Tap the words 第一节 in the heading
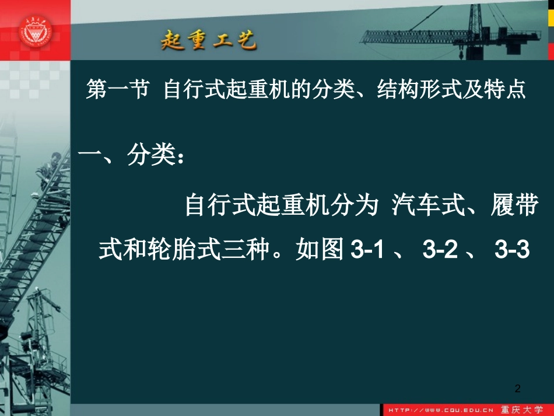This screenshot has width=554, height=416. click(x=117, y=91)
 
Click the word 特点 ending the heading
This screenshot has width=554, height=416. click(x=504, y=91)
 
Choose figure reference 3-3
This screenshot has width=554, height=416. click(x=511, y=250)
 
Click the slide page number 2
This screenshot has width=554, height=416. click(x=518, y=388)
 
